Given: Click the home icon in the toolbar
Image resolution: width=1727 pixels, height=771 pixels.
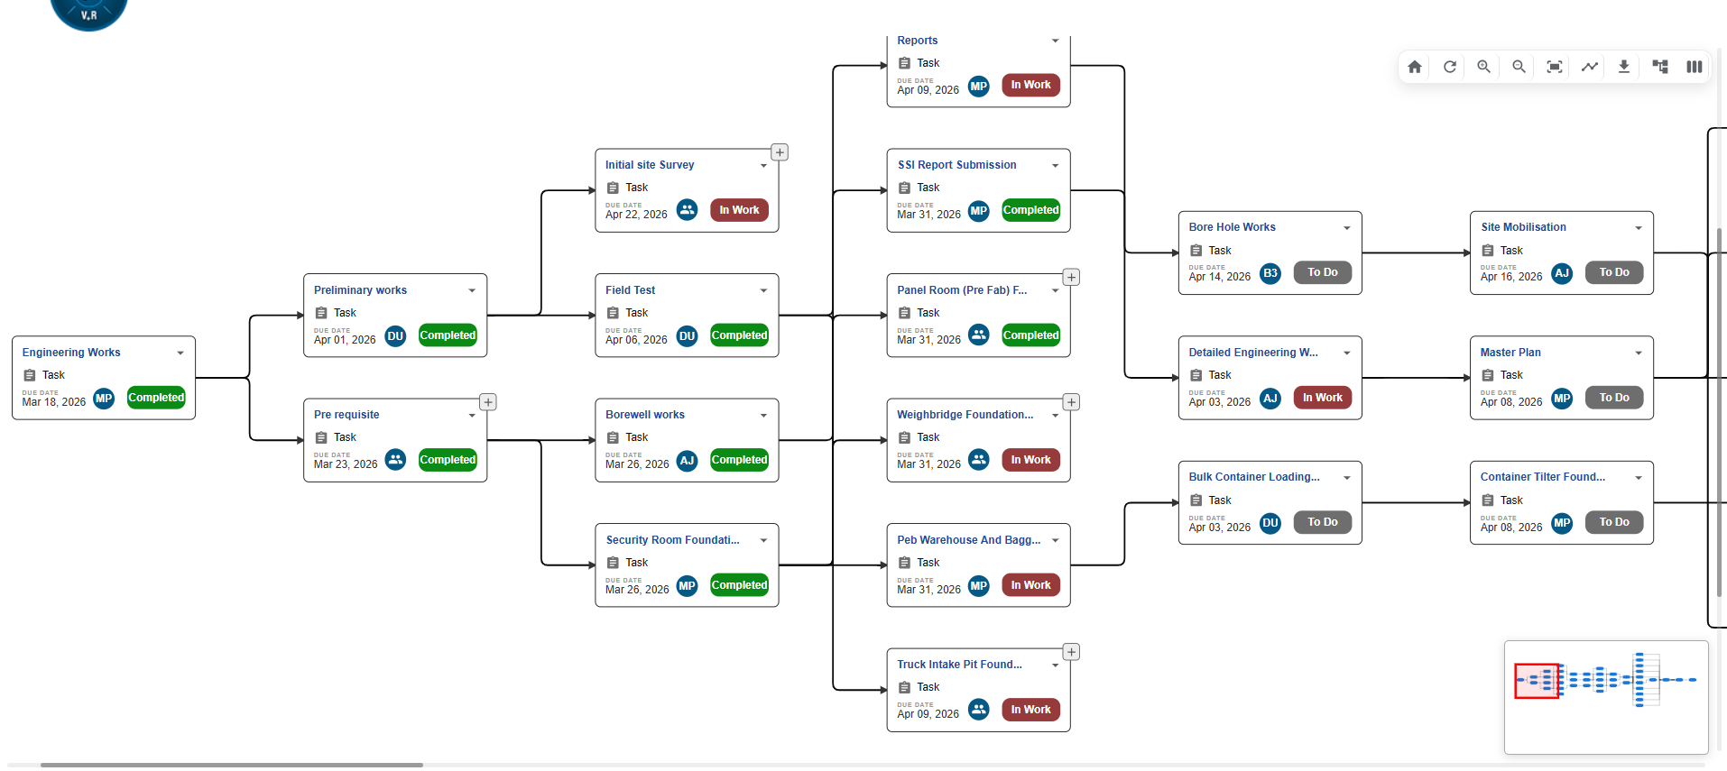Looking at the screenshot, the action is pyautogui.click(x=1414, y=67).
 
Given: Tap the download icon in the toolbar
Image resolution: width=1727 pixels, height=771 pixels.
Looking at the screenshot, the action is pyautogui.click(x=1623, y=67).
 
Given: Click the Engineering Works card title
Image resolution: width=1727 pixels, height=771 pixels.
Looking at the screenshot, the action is pyautogui.click(x=71, y=353).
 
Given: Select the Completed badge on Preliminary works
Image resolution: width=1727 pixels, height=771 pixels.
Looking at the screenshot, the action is pyautogui.click(x=448, y=335).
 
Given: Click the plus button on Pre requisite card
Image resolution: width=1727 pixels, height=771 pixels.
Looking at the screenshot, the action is pyautogui.click(x=488, y=402).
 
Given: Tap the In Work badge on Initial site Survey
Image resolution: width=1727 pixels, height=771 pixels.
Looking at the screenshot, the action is pyautogui.click(x=739, y=210).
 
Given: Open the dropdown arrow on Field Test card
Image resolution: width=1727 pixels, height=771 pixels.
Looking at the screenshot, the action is pyautogui.click(x=763, y=290).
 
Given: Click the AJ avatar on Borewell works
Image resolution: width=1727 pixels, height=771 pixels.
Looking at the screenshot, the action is pyautogui.click(x=687, y=461).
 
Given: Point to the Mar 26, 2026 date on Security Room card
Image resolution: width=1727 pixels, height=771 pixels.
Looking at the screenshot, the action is pyautogui.click(x=637, y=590).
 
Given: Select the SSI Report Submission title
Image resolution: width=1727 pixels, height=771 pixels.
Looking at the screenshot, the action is pyautogui.click(x=956, y=165).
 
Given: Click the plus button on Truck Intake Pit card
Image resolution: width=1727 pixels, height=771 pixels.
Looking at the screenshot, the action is pyautogui.click(x=1071, y=652).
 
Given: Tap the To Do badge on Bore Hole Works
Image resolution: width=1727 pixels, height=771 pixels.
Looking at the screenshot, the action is pyautogui.click(x=1323, y=272).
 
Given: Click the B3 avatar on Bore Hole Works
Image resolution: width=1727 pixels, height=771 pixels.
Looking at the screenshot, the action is pyautogui.click(x=1270, y=273).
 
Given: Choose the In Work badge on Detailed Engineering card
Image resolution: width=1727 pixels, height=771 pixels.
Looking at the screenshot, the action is pyautogui.click(x=1323, y=398).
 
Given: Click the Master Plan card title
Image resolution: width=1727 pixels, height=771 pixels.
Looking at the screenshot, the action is pyautogui.click(x=1510, y=353).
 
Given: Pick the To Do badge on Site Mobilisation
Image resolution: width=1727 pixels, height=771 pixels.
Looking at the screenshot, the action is pyautogui.click(x=1614, y=272).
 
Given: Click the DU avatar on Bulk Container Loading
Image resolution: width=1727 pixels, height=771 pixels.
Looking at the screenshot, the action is pyautogui.click(x=1270, y=523).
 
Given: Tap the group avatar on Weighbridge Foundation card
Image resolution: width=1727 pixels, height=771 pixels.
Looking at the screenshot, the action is pyautogui.click(x=979, y=460).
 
